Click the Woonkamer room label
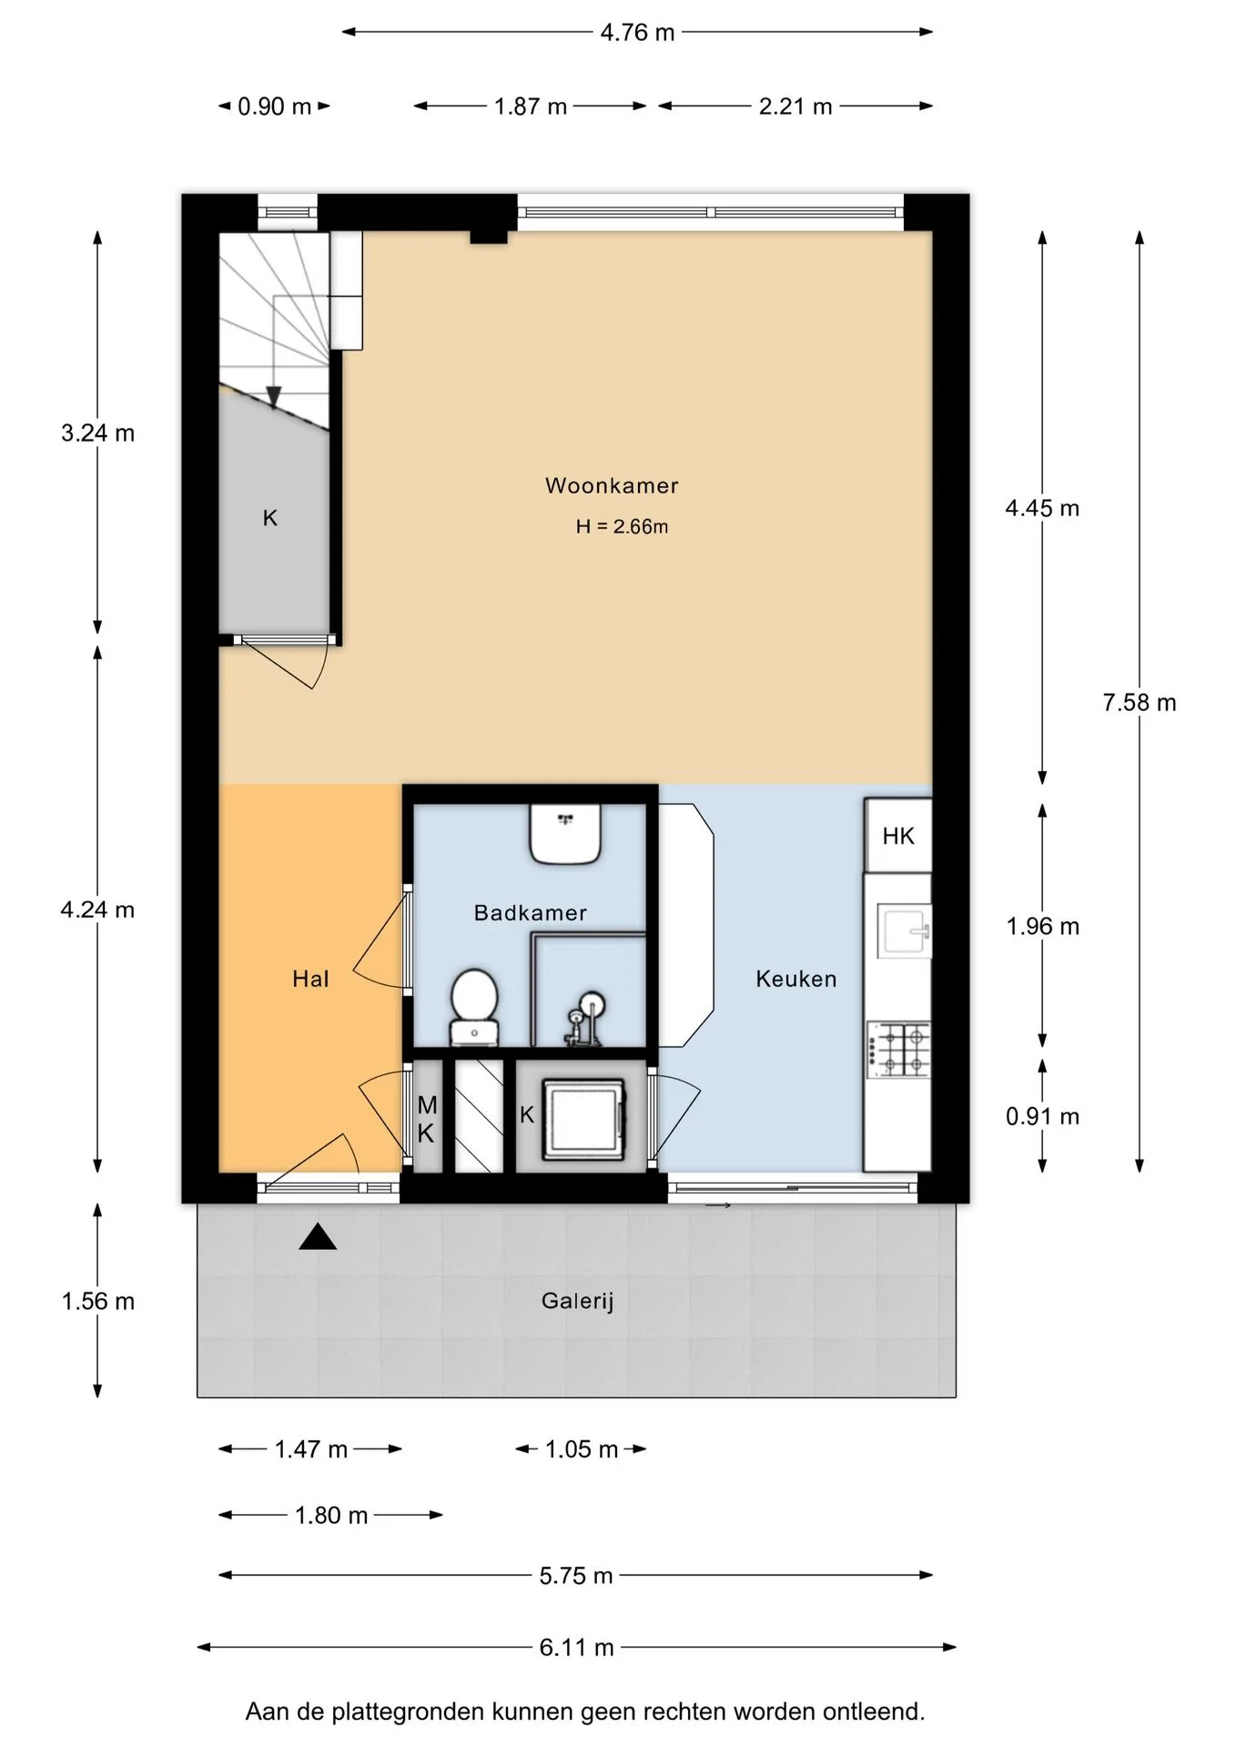[612, 485]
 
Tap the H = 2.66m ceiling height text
[622, 526]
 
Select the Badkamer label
[531, 912]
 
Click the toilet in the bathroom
[474, 1006]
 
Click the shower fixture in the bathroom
[584, 1018]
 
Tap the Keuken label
[796, 979]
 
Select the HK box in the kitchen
[898, 836]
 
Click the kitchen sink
[904, 930]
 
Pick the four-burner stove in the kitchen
[899, 1049]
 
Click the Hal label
[310, 979]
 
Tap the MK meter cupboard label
[427, 1119]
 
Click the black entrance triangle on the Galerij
[318, 1236]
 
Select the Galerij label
[578, 1301]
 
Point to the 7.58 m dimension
[1140, 702]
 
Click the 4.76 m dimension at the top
[637, 33]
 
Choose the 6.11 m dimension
[577, 1647]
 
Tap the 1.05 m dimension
[582, 1449]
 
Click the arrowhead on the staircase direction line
[273, 397]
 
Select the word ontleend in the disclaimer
[874, 1712]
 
